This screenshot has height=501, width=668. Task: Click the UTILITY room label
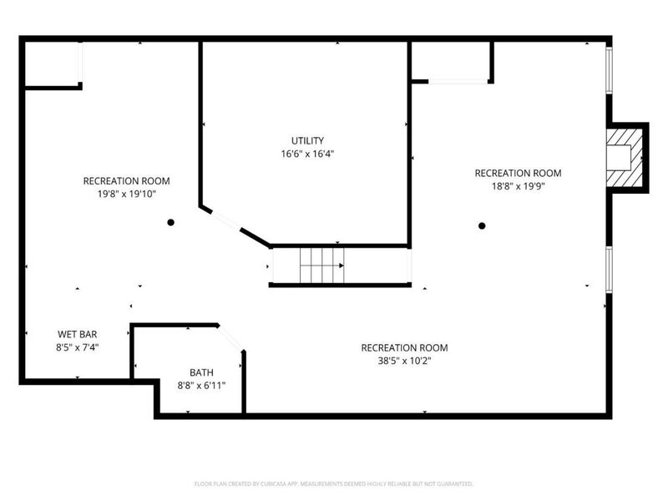point(307,140)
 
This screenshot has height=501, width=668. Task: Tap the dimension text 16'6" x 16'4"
point(307,154)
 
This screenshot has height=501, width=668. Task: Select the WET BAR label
point(77,333)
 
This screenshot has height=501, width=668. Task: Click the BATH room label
point(201,372)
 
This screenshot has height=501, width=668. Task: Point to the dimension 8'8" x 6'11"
point(201,386)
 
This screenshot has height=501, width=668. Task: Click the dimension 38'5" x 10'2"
point(404,361)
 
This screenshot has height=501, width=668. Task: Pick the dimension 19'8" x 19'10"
point(126,194)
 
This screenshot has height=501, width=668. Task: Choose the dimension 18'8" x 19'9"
point(518,186)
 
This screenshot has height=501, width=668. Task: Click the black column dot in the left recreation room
point(170,222)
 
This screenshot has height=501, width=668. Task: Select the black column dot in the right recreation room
point(482,225)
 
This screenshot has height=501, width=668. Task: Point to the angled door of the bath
point(231,337)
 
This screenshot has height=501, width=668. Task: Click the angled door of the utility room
point(227,222)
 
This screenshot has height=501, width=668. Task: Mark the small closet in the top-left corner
point(51,63)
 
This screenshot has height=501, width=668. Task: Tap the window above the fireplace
point(609,72)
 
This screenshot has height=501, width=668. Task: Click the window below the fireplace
point(609,270)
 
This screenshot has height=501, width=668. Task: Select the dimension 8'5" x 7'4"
point(77,347)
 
